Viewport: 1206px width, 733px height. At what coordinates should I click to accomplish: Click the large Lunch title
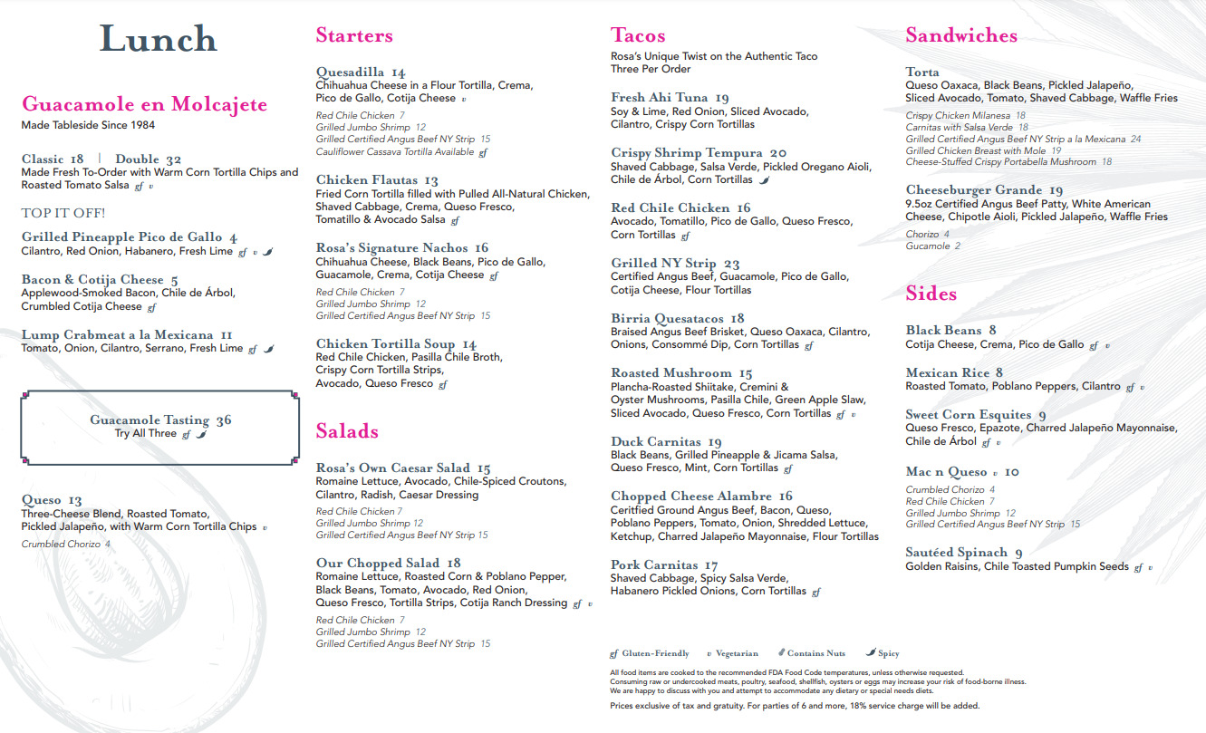[x=159, y=39]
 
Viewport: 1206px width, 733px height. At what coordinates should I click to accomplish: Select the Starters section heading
[x=354, y=35]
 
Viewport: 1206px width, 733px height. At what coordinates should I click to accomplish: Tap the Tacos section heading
[x=638, y=35]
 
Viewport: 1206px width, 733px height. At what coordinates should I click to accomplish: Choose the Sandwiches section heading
[x=960, y=35]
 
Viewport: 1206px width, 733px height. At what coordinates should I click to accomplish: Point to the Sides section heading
[x=931, y=294]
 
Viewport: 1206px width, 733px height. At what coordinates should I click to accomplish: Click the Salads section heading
[x=347, y=431]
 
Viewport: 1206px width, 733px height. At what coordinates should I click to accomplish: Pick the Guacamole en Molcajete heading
[x=144, y=104]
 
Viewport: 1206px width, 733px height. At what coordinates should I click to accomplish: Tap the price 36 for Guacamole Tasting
[x=224, y=420]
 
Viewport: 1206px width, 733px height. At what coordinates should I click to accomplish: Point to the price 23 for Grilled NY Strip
[x=732, y=264]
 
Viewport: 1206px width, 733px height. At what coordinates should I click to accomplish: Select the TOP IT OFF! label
[x=63, y=214]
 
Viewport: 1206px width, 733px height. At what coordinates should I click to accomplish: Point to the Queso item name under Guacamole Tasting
[x=42, y=500]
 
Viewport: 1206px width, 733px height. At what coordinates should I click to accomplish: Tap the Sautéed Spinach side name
[x=956, y=553]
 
